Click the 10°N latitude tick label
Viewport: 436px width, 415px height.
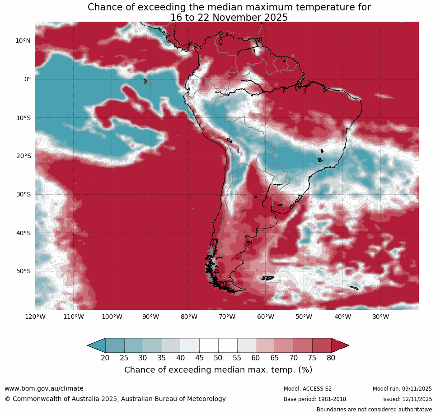pos(23,41)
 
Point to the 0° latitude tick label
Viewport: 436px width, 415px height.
pos(27,79)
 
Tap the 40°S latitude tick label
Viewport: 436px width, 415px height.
pos(23,233)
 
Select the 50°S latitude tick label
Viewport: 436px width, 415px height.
pos(23,271)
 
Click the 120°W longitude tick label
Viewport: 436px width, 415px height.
pos(35,317)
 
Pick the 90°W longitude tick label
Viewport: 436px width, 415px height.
pos(150,317)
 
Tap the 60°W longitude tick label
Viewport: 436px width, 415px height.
pos(266,317)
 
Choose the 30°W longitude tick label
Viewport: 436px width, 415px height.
pos(381,317)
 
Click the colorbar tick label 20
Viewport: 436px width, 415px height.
pos(105,358)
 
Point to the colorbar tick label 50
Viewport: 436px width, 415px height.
pos(218,358)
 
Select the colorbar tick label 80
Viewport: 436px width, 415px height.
pos(331,358)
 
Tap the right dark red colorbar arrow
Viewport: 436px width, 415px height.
pos(340,345)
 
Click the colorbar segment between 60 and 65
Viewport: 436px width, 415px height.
pos(265,345)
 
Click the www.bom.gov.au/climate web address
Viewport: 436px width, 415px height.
pos(44,388)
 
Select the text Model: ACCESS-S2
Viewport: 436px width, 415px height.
pos(308,389)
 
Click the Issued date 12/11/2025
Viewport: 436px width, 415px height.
pos(419,399)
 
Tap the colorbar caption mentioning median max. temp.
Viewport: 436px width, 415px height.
pos(218,370)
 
